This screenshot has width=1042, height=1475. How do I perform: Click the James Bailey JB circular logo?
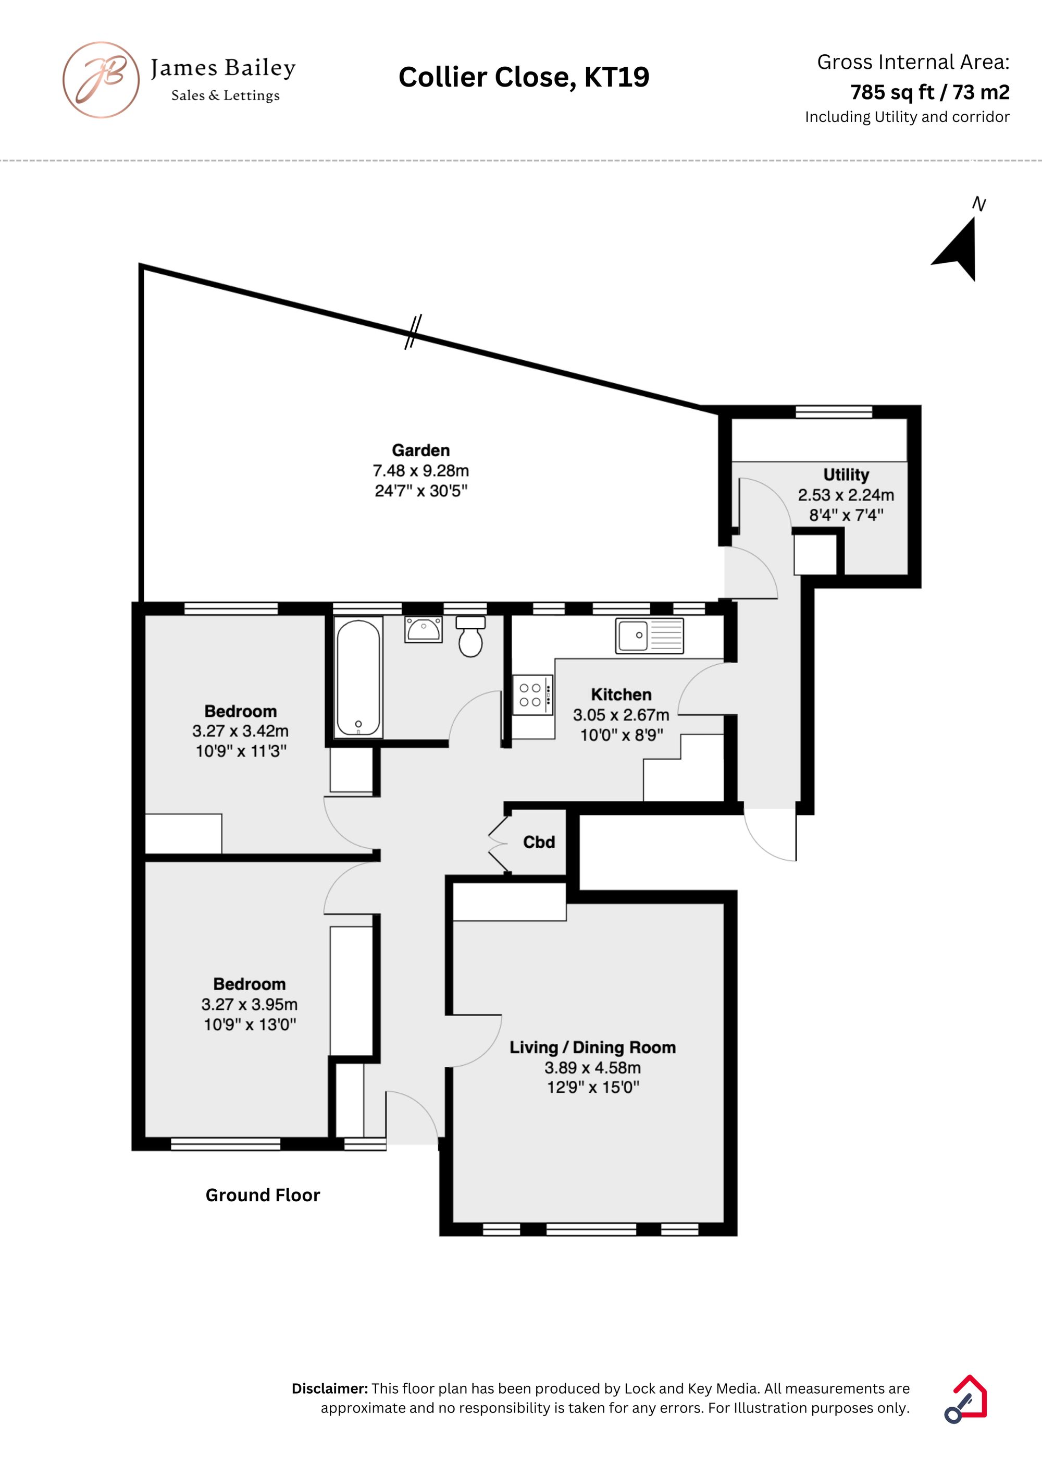point(101,80)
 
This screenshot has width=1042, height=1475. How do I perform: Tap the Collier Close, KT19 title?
point(524,77)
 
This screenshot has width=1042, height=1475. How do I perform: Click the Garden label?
point(421,450)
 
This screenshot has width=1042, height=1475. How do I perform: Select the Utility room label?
point(846,475)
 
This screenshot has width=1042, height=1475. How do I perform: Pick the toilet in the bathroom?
point(470,636)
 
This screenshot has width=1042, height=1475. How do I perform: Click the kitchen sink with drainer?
point(649,636)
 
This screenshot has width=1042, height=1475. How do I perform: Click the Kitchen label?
point(621,694)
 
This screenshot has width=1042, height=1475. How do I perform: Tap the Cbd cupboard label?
point(539,842)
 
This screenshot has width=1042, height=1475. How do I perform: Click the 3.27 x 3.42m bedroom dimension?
point(240,731)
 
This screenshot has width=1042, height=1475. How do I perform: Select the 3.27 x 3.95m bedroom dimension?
point(249,1004)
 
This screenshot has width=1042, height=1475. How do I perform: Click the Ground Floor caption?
point(263,1195)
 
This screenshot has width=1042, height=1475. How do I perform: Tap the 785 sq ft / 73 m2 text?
point(929,92)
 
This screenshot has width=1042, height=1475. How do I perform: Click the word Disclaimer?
point(330,1388)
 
